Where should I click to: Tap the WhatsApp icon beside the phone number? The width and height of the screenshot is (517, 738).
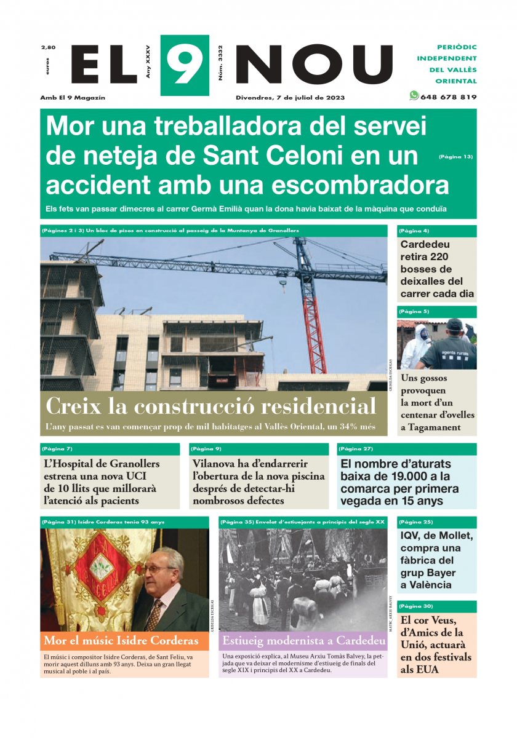tap(414, 96)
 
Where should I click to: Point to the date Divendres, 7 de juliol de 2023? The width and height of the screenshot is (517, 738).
tap(290, 97)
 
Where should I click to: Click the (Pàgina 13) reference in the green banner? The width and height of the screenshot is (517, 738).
tap(455, 157)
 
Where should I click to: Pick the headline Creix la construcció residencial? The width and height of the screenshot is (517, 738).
tap(210, 407)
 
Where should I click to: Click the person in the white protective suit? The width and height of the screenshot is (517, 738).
tap(414, 347)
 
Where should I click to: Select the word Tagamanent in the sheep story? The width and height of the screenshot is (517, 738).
tap(430, 427)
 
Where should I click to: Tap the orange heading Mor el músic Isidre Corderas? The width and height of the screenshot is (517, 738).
tap(121, 640)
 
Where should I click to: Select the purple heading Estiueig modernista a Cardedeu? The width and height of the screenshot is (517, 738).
tap(303, 641)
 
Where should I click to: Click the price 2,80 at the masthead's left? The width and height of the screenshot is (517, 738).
tap(48, 47)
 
